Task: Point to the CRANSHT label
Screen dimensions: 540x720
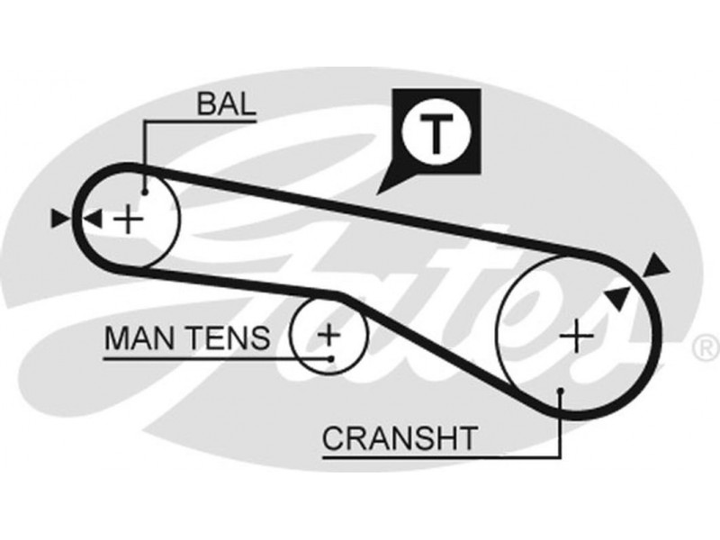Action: click(399, 439)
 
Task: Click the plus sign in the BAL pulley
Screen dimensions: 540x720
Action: click(131, 218)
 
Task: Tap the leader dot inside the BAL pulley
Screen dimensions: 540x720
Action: click(145, 192)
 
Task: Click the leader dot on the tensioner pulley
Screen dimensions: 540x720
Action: click(332, 358)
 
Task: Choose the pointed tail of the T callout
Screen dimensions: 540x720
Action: click(382, 188)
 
